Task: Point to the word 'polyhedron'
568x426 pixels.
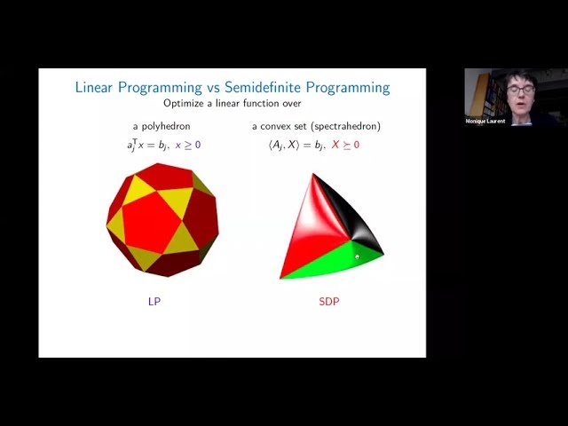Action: (x=166, y=126)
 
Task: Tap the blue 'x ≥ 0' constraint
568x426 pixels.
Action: (x=186, y=144)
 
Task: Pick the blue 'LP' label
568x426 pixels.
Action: (x=154, y=301)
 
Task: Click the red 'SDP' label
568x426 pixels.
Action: (x=328, y=301)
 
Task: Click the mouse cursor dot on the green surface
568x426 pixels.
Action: (x=357, y=257)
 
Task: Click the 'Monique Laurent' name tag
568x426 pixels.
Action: (x=485, y=122)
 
